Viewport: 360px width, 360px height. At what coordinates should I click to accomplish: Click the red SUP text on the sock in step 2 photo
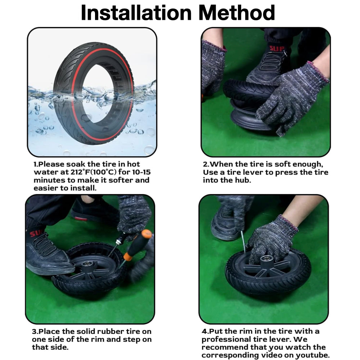point(276,49)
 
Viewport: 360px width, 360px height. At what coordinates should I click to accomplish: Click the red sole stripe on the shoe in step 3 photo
point(81,219)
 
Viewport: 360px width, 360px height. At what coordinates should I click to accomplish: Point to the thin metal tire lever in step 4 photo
point(243,242)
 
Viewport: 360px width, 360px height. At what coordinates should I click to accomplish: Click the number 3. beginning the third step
point(35,332)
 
